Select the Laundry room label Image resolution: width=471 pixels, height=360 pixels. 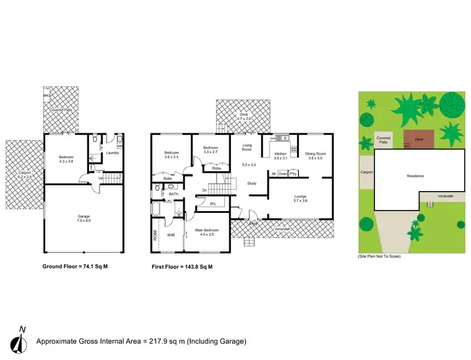[113, 153]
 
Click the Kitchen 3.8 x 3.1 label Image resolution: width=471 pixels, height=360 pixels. [280, 156]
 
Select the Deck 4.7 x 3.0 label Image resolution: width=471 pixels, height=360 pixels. [244, 116]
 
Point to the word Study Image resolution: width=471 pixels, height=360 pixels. [251, 183]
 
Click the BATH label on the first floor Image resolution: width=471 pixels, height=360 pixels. [174, 194]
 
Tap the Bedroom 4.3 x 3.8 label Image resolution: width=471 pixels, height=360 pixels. [67, 159]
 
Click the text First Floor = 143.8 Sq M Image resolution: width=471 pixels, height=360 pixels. [182, 266]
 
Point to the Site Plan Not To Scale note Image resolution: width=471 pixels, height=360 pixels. [379, 256]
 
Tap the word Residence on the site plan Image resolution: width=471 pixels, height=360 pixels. [415, 176]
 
